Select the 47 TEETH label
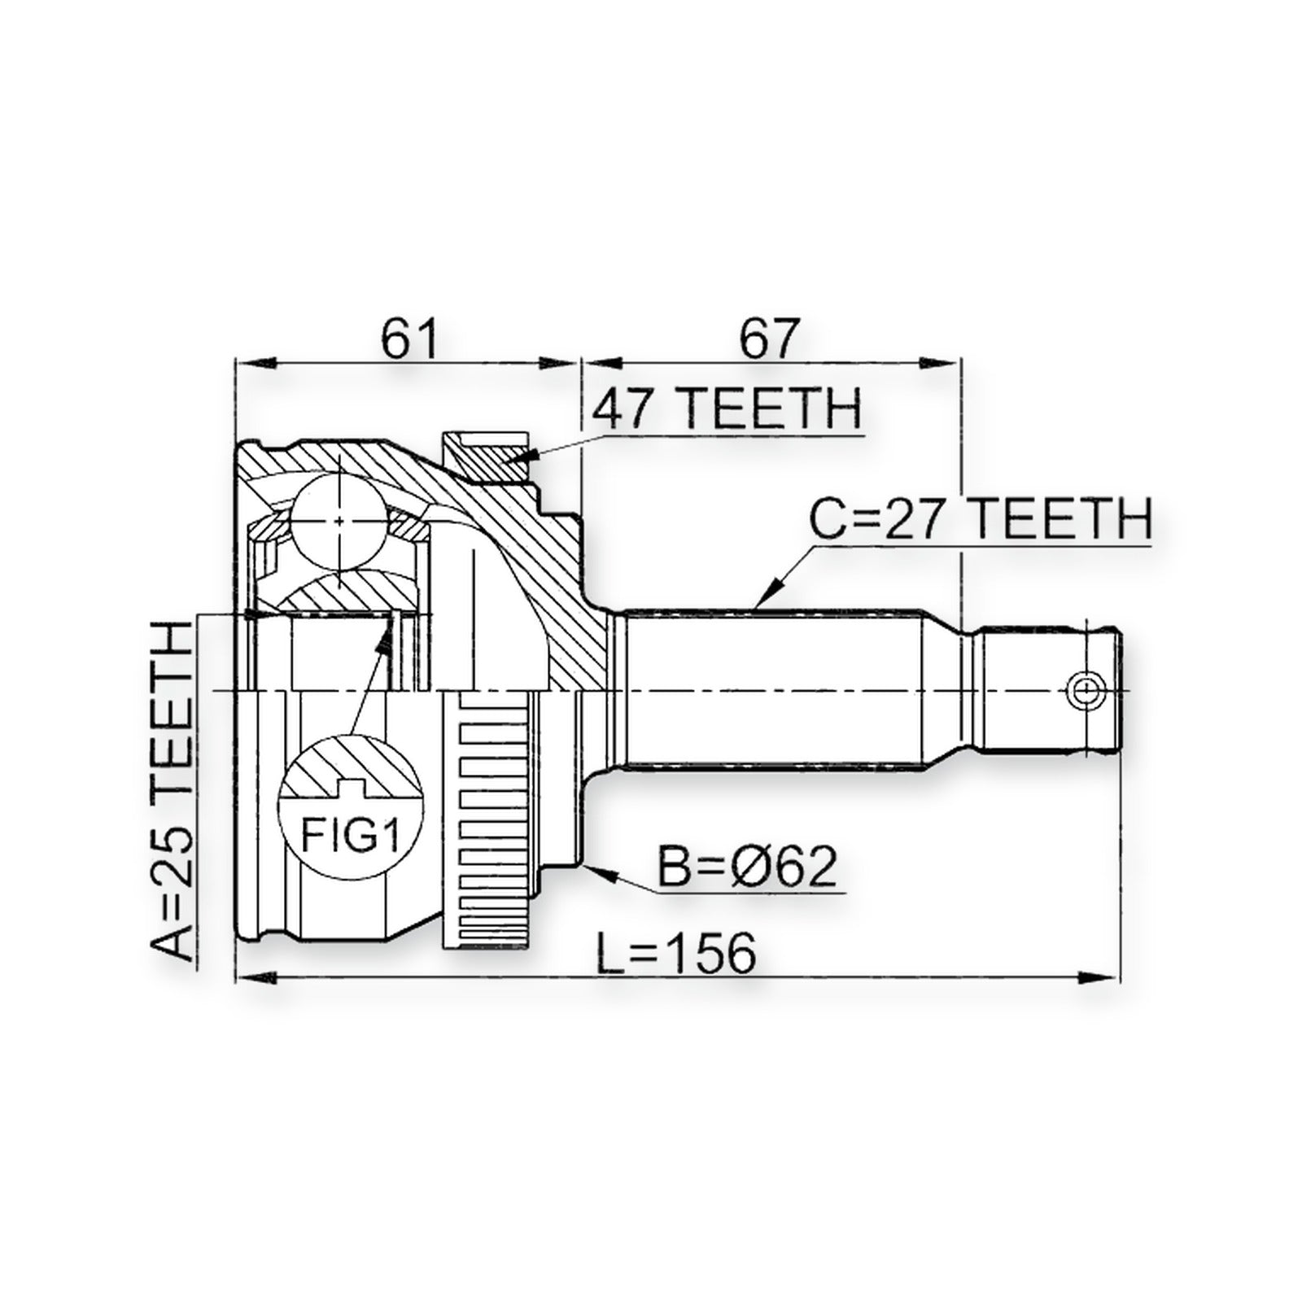click(726, 409)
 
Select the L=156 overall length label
click(676, 953)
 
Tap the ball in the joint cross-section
click(339, 521)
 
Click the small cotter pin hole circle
click(1084, 691)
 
